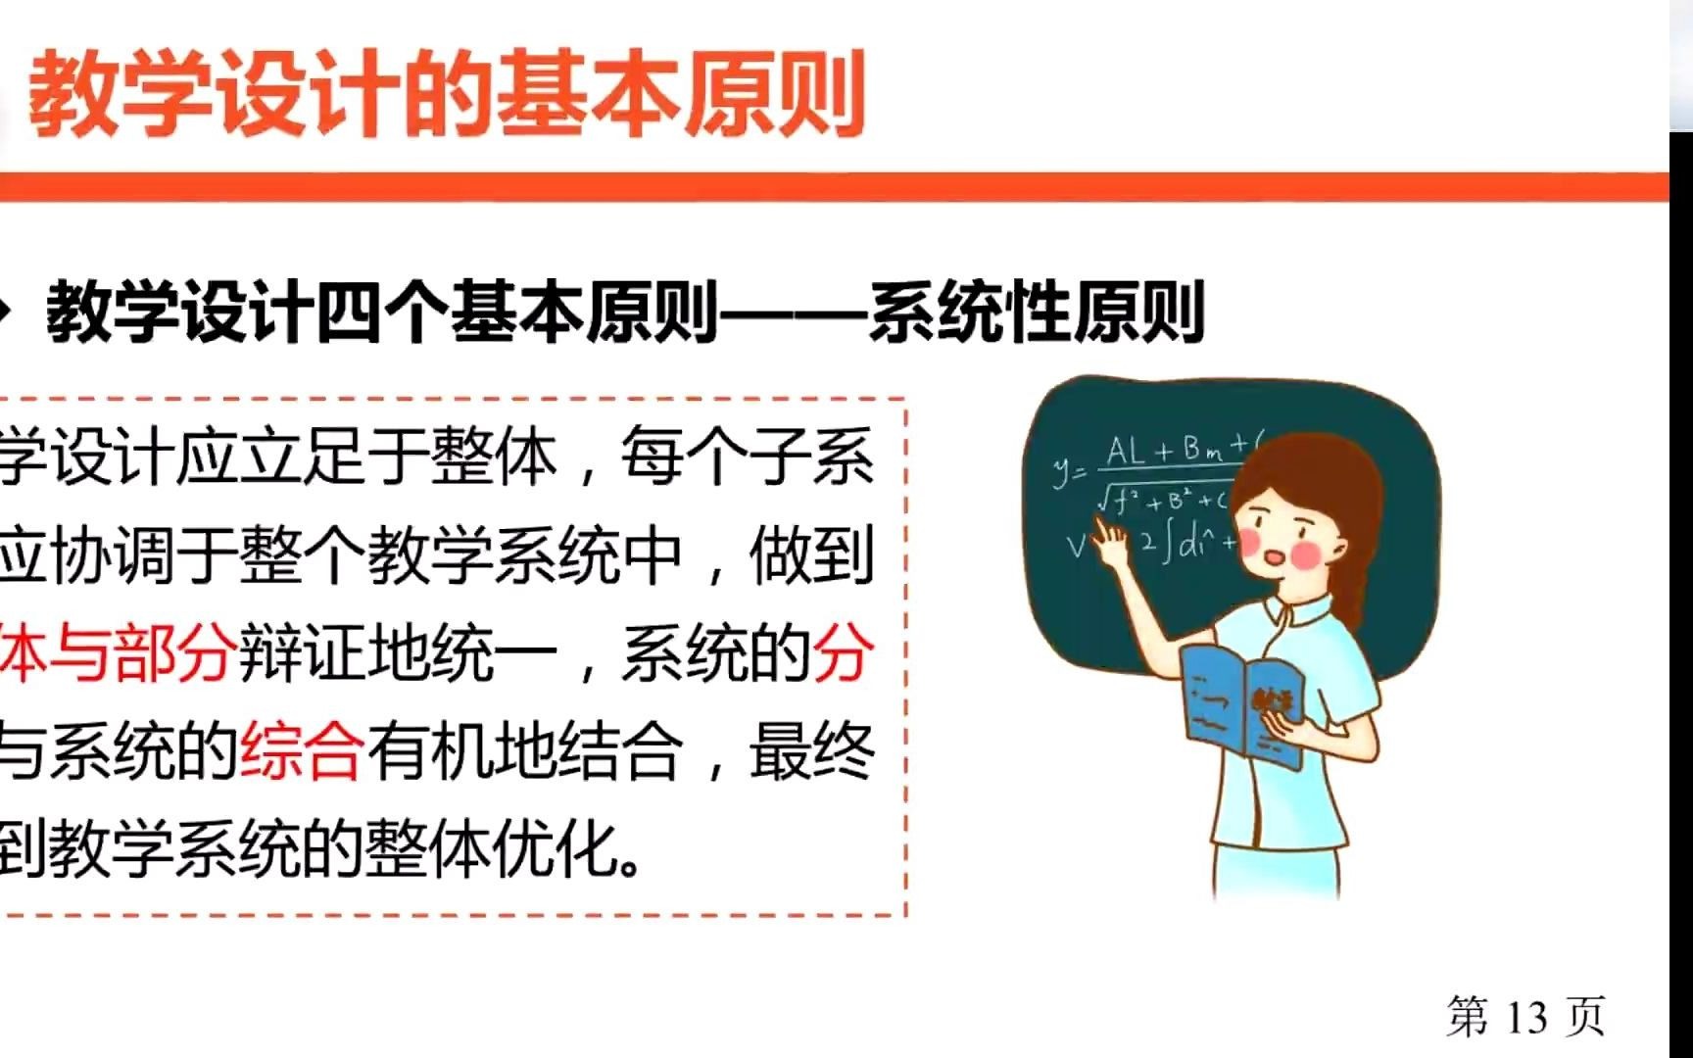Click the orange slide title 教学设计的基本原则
[x=446, y=96]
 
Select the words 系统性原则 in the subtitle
[x=1036, y=313]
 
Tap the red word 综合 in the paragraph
[x=301, y=752]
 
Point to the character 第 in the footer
[x=1468, y=1018]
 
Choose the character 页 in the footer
[x=1585, y=1018]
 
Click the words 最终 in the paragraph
[x=811, y=752]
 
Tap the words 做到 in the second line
[x=811, y=556]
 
